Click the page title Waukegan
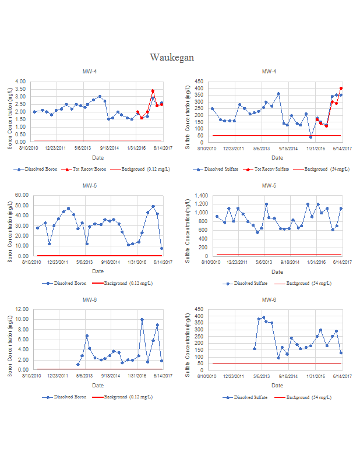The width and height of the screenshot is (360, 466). click(x=172, y=58)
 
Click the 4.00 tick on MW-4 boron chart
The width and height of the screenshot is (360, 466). click(x=20, y=82)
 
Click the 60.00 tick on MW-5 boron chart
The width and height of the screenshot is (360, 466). click(x=22, y=195)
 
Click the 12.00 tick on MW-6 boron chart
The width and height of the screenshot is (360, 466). click(x=22, y=309)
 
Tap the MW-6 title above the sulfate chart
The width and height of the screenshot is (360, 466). click(x=269, y=300)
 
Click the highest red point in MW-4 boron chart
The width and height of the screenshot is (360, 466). click(x=153, y=91)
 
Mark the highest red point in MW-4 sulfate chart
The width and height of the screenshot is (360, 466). click(x=341, y=89)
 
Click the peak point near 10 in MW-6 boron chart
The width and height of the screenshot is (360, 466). click(x=142, y=320)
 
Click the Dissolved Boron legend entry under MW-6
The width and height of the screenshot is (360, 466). click(x=69, y=397)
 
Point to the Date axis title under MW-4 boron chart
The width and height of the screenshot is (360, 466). click(x=98, y=158)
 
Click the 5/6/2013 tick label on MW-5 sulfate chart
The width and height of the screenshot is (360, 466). click(x=265, y=263)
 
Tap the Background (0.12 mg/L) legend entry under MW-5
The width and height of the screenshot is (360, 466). click(x=128, y=284)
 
